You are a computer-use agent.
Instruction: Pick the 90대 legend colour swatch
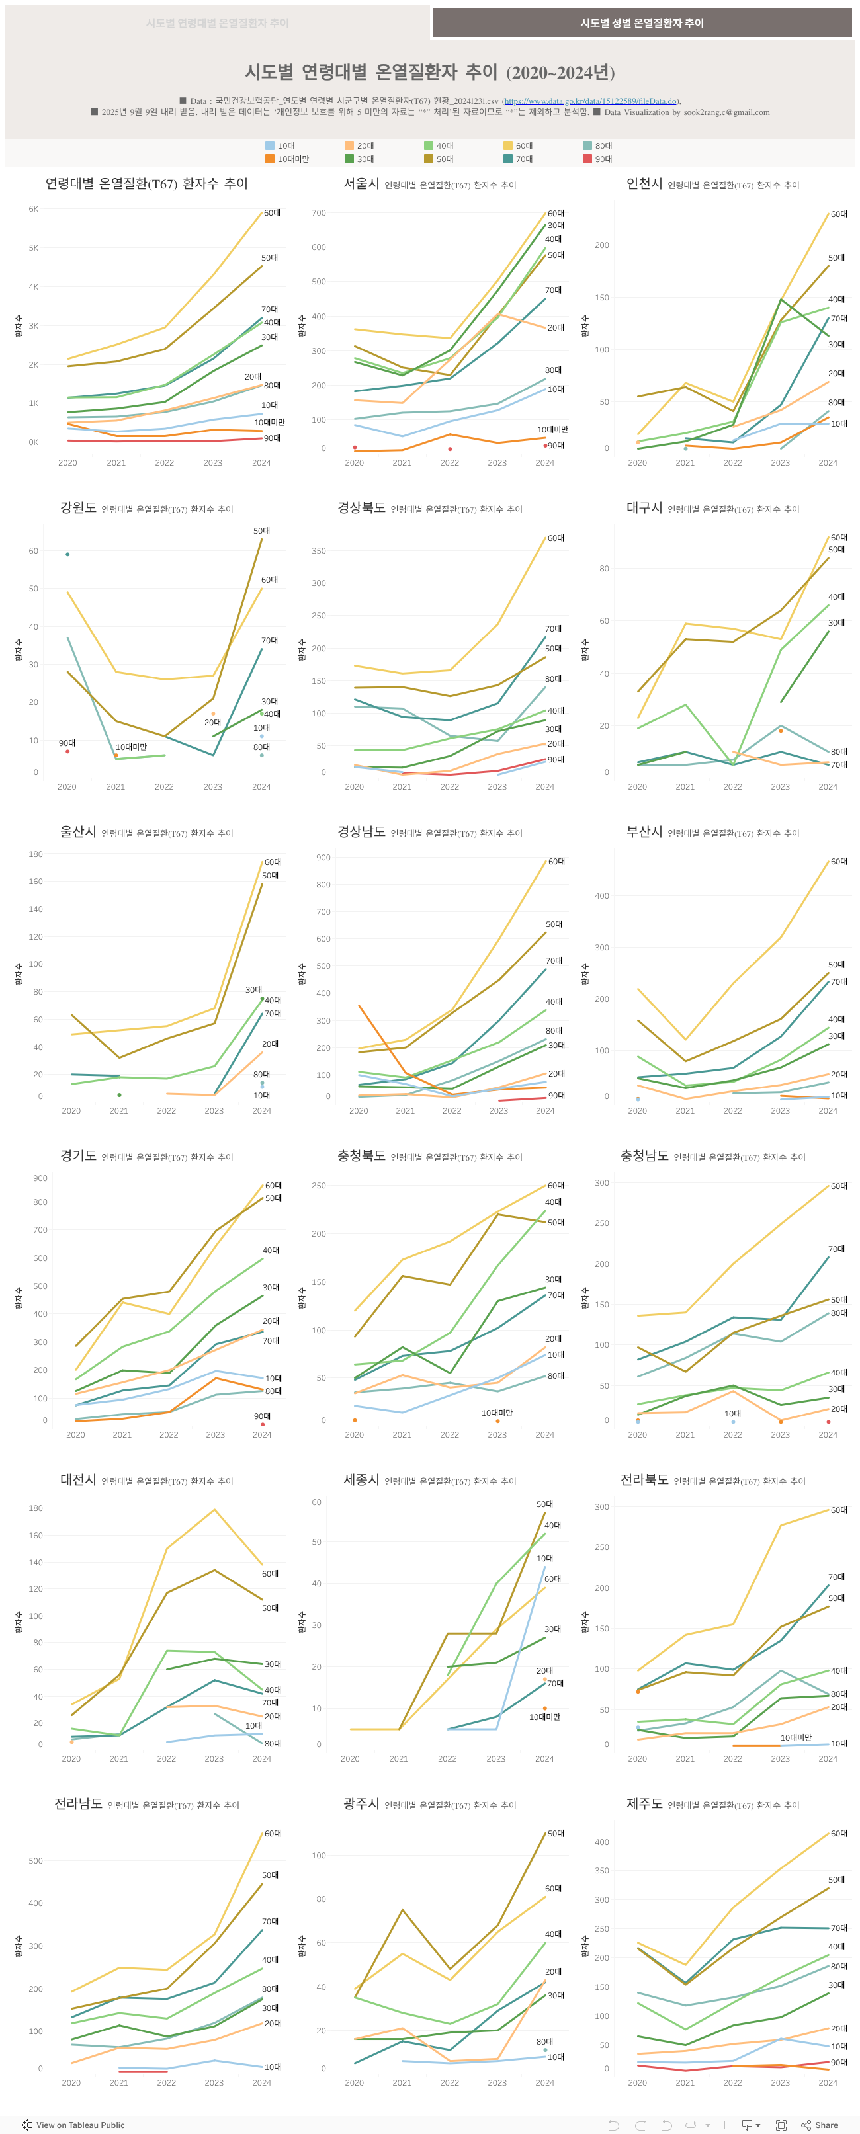click(x=587, y=159)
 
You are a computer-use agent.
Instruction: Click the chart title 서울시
click(x=361, y=184)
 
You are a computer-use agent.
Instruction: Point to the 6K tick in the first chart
click(x=33, y=209)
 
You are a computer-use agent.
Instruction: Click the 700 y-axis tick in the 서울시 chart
click(x=319, y=213)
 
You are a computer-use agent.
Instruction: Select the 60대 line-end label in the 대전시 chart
click(x=270, y=1573)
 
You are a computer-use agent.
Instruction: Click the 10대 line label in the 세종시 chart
click(x=544, y=1558)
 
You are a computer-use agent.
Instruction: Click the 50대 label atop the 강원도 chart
click(x=261, y=530)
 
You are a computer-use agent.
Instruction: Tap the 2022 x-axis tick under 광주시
click(x=449, y=2082)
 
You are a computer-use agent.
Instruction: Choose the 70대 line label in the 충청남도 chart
click(x=836, y=1249)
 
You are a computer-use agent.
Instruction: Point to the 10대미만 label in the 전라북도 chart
click(x=795, y=1737)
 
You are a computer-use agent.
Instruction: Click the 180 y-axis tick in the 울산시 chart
click(x=36, y=854)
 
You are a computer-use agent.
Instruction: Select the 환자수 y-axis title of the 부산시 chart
click(x=584, y=973)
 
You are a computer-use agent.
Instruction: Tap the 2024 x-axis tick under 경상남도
click(x=544, y=1110)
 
